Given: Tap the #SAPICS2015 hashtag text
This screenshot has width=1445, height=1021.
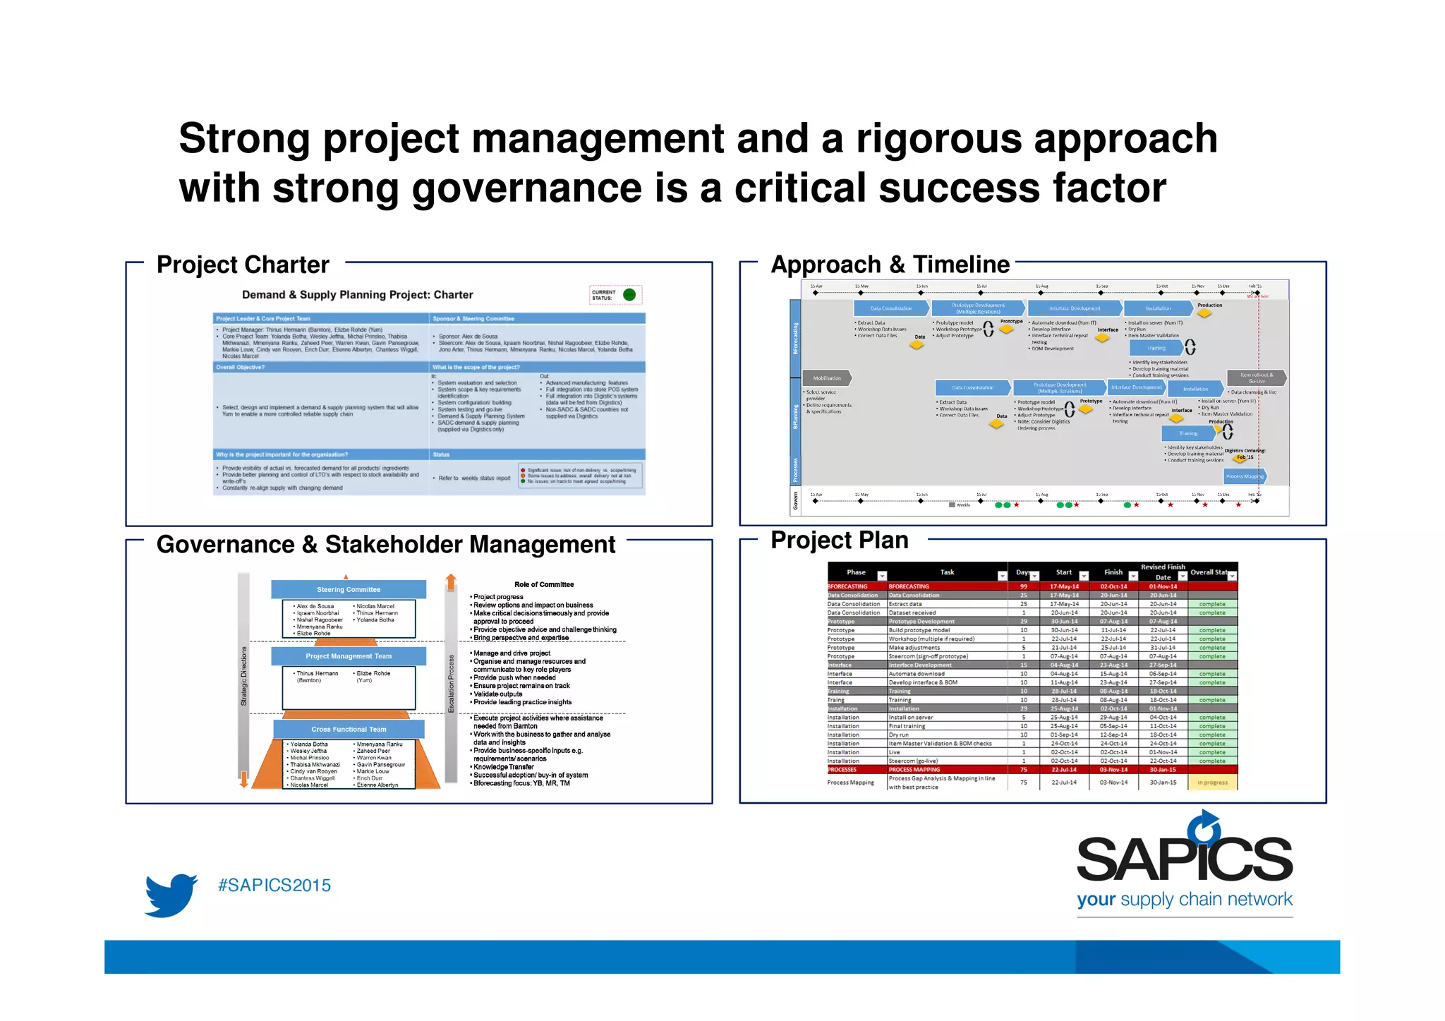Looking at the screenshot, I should (x=274, y=886).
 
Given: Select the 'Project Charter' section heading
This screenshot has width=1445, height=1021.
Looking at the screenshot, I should (x=243, y=265).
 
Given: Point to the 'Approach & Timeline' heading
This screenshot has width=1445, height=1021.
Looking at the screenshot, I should (x=890, y=265).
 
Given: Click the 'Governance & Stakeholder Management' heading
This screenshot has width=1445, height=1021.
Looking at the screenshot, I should (x=386, y=545).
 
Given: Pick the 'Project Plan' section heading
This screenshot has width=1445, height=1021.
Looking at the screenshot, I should (x=839, y=540).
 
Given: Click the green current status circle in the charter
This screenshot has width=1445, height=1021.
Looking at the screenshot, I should (x=629, y=295).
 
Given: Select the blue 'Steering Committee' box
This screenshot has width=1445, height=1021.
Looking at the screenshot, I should (x=349, y=589).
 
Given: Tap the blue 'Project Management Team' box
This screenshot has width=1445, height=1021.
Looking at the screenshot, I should (x=349, y=656).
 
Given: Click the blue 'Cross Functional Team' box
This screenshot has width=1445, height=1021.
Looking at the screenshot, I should (x=349, y=729).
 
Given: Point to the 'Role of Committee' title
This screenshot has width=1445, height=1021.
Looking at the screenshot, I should (x=544, y=584).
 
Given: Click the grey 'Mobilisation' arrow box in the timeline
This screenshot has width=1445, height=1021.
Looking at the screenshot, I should (x=827, y=378).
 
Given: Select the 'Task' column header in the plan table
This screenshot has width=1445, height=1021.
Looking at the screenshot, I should (x=947, y=572).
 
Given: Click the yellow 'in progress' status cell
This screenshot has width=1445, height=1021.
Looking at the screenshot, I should (x=1212, y=783).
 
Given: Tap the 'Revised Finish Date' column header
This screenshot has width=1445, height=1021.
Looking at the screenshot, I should (x=1163, y=572).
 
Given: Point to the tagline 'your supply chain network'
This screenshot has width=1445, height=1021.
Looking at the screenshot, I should (x=1184, y=900).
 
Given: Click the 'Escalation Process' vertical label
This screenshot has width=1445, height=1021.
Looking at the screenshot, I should (x=452, y=683).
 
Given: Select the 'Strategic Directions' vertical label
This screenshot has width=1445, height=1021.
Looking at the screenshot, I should (x=244, y=676).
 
